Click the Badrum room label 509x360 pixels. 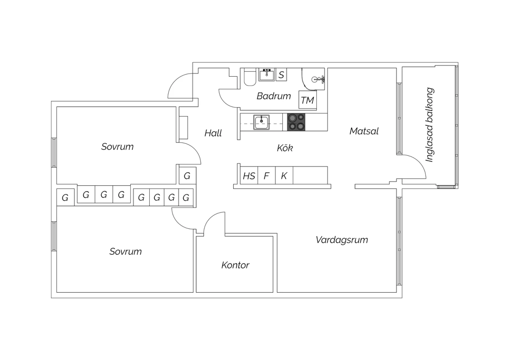[274, 96]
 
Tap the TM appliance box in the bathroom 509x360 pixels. [307, 100]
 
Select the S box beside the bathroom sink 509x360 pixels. [281, 75]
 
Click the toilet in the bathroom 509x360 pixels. [250, 78]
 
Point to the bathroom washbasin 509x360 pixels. [267, 74]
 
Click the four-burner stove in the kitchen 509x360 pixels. [296, 122]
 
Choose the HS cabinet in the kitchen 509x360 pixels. [249, 176]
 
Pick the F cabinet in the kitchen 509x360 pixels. [267, 176]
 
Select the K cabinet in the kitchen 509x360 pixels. [284, 176]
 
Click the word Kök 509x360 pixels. [285, 148]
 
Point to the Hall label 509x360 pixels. [213, 133]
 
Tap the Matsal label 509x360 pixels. [364, 131]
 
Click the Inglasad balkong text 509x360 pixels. [430, 125]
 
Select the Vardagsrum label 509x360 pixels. [342, 240]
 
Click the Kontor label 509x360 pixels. [235, 265]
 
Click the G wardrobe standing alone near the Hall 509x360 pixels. [187, 176]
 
